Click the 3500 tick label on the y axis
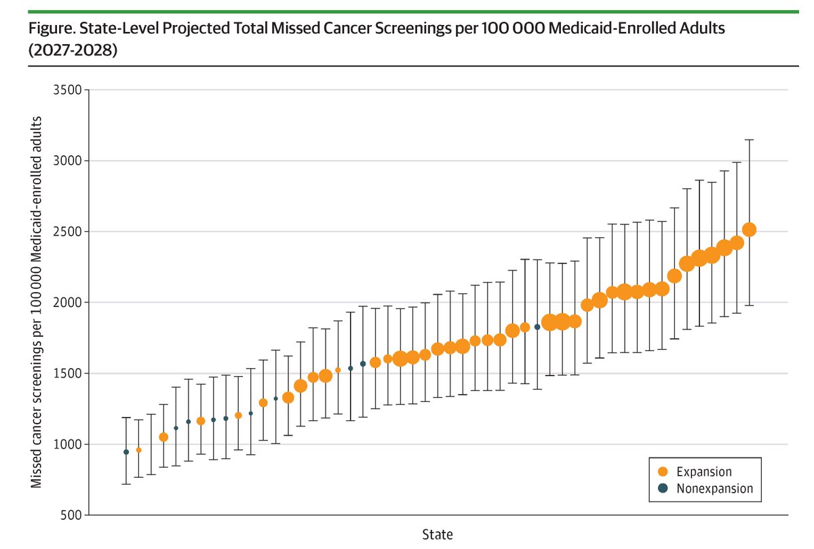click(68, 90)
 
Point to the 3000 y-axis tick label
click(68, 161)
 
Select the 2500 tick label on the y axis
click(68, 232)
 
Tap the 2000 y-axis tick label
click(68, 302)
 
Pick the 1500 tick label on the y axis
click(68, 373)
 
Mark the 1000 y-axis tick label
click(68, 444)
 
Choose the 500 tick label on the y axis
click(71, 515)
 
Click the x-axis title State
click(437, 533)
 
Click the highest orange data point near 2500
click(750, 230)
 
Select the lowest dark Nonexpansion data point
click(126, 452)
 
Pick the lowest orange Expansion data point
click(138, 450)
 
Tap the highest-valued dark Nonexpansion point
click(537, 327)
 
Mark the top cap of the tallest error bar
click(750, 140)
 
